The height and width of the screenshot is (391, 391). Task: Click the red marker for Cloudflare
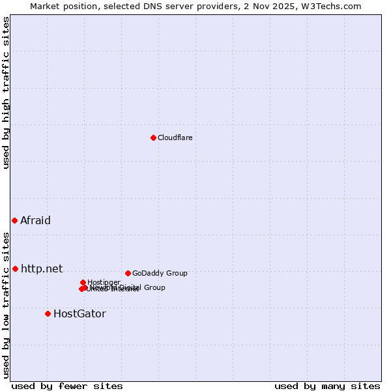point(153,138)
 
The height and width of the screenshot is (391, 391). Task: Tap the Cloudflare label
point(175,138)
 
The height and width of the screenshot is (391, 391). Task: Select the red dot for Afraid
point(14,220)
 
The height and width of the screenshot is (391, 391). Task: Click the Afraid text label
point(35,220)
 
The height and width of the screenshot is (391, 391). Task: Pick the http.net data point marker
point(15,268)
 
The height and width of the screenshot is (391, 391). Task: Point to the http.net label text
point(42,268)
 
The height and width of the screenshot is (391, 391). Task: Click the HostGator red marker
point(48,313)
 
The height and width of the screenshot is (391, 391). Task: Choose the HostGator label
point(80,313)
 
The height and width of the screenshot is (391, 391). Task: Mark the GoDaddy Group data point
point(128,273)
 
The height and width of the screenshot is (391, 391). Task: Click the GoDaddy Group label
point(160,273)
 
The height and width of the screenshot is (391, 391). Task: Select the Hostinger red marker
point(83,282)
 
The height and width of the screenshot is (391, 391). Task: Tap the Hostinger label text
point(104,282)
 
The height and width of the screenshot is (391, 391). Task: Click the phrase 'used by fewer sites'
point(67,386)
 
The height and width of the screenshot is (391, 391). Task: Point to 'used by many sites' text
point(327,386)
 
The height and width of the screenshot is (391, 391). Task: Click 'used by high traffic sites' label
point(7,93)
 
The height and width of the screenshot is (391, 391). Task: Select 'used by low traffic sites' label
point(7,304)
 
